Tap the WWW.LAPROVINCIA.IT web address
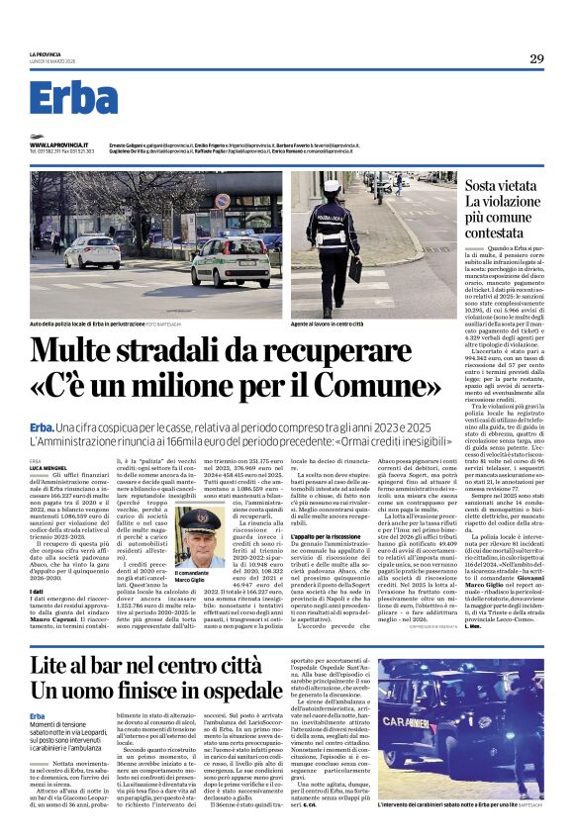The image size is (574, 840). tap(62, 144)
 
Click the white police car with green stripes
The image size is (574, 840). tap(231, 264)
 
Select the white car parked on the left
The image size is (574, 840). tap(92, 251)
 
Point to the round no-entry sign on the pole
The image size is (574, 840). tap(224, 201)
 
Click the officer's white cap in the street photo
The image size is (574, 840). tap(332, 185)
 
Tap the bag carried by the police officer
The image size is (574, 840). tap(354, 268)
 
